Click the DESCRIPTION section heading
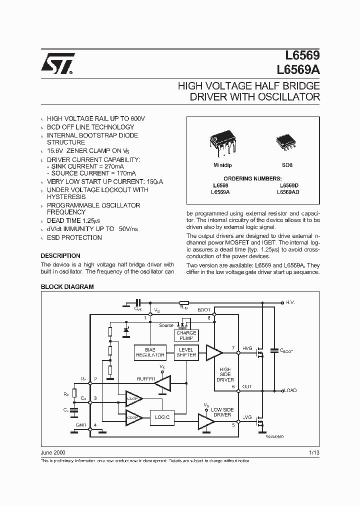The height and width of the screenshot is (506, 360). pos(60,255)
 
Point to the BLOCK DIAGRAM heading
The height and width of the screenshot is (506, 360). pos(67,287)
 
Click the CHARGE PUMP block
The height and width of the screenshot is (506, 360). pos(186,335)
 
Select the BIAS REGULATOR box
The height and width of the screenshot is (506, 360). pos(150,352)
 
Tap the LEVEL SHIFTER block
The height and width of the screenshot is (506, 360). pos(186,352)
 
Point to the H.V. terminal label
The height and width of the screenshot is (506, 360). pos(291,302)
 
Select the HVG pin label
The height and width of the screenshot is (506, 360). pos(247,348)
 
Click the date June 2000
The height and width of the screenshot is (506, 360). pos(52,452)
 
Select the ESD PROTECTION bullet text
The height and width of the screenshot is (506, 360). pos(74,237)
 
